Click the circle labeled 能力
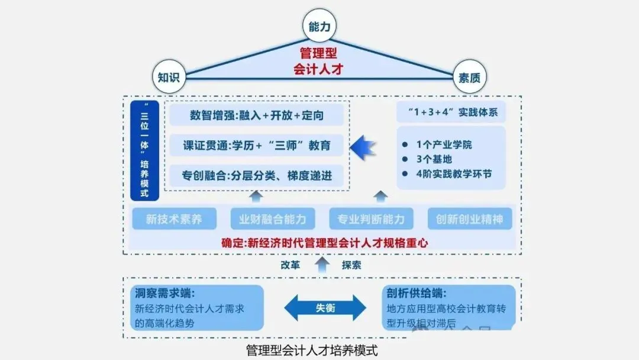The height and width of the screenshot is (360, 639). (319, 27)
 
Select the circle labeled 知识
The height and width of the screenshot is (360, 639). (169, 78)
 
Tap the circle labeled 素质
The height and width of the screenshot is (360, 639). (469, 78)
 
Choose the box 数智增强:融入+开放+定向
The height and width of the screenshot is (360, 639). (256, 115)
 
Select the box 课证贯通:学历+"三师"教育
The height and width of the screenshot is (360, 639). (256, 145)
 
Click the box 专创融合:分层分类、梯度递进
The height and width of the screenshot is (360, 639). (256, 175)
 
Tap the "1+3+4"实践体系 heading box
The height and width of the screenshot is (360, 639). (451, 112)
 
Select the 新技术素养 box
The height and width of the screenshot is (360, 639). (174, 219)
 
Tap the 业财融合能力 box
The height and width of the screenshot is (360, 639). (273, 219)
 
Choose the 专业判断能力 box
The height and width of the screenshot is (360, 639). (371, 219)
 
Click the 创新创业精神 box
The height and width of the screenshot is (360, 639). (470, 219)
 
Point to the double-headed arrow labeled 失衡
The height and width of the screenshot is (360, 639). (325, 308)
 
